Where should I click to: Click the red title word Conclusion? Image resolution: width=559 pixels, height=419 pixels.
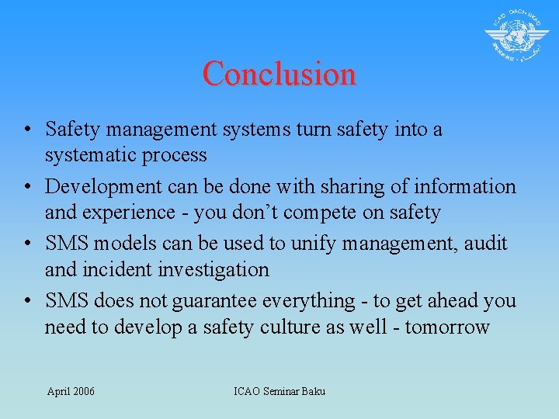(279, 74)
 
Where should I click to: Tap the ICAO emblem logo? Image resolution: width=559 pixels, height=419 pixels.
(516, 36)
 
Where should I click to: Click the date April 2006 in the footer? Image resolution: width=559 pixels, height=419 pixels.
(71, 391)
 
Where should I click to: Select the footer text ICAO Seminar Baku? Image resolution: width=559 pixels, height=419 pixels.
(279, 391)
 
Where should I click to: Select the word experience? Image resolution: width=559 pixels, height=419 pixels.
(130, 213)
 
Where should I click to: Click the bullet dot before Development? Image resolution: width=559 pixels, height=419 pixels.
(26, 187)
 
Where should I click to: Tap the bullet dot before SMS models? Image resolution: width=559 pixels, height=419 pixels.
(26, 244)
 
